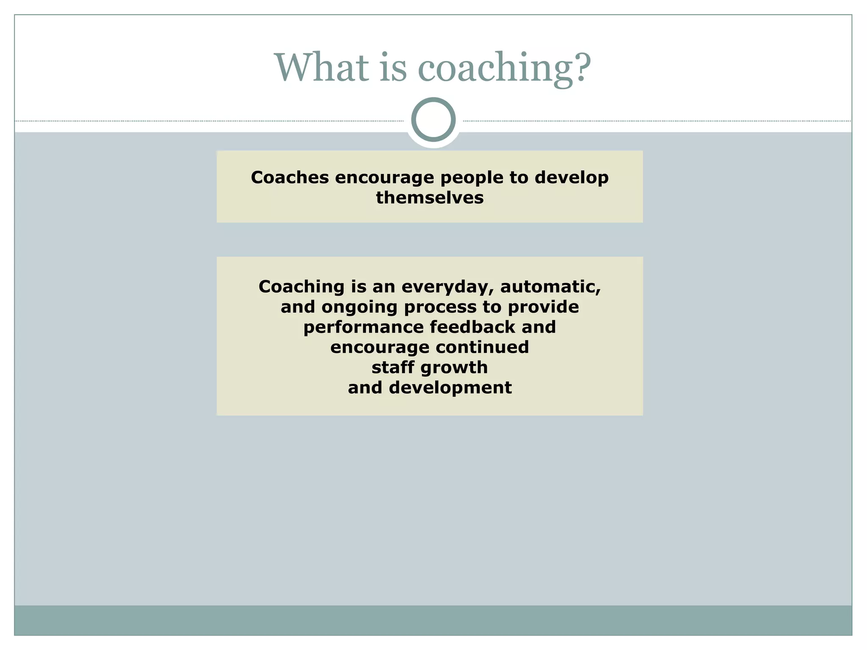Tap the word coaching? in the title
pyautogui.click(x=504, y=69)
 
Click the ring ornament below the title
pyautogui.click(x=433, y=120)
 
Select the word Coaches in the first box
pyautogui.click(x=290, y=177)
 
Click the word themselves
pyautogui.click(x=430, y=198)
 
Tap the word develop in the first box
pyautogui.click(x=572, y=178)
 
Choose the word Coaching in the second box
pyautogui.click(x=301, y=286)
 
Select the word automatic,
pyautogui.click(x=550, y=286)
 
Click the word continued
pyautogui.click(x=482, y=347)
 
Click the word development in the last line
pyautogui.click(x=450, y=388)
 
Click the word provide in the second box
pyautogui.click(x=543, y=307)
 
